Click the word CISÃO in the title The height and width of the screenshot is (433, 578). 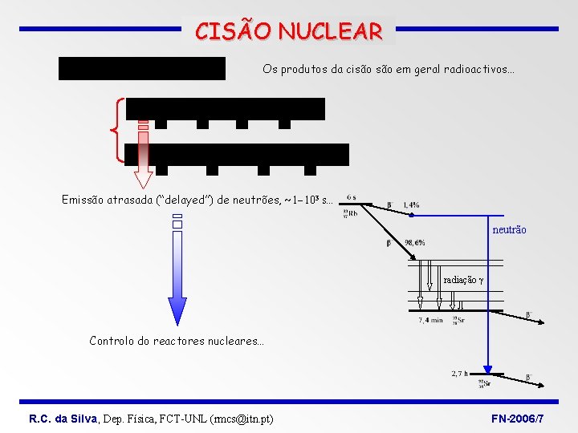coord(234,32)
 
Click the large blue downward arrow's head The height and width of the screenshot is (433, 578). coord(177,310)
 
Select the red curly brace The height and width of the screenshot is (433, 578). coord(119,129)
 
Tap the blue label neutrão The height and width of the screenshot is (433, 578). coord(509,230)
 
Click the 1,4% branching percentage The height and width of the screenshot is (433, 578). coord(410,205)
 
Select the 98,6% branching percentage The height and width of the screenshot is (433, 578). coord(415,242)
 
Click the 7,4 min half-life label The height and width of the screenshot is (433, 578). coord(430,320)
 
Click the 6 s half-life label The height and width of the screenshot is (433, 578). coord(352,197)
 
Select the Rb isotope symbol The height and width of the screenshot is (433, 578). coord(351,213)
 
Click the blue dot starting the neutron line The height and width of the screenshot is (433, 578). coord(411,215)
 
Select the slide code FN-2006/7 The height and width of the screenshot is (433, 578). coord(517,419)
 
